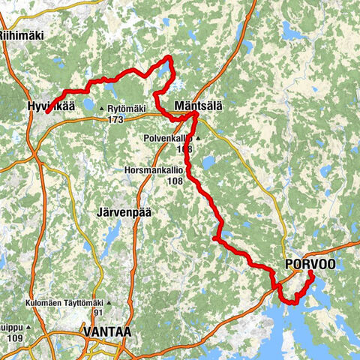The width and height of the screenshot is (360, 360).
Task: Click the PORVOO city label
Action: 310,264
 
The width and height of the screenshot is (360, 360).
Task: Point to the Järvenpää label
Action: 124,212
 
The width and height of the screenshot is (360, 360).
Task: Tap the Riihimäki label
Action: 19,34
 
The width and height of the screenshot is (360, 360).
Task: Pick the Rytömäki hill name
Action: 127,109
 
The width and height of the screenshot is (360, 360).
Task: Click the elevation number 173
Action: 115,119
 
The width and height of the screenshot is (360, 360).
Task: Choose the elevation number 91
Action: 97,313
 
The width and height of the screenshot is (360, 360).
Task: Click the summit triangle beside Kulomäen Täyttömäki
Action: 109,303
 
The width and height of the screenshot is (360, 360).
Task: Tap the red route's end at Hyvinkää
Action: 46,112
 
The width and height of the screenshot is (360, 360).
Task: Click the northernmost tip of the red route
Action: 169,57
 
